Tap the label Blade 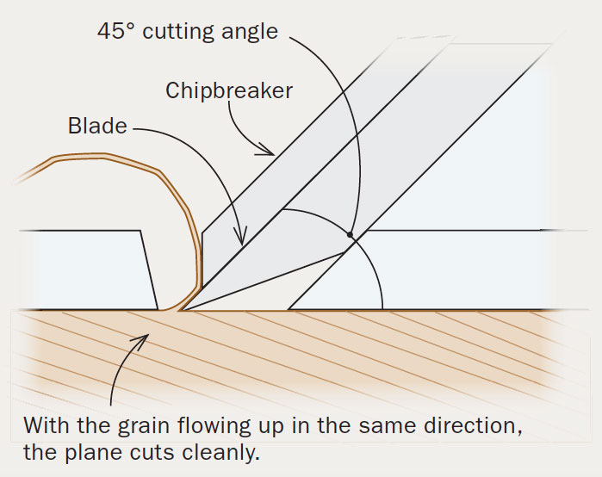[97, 127]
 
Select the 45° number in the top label [116, 32]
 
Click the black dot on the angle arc [350, 234]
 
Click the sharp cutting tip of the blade [178, 309]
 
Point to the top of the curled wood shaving [95, 157]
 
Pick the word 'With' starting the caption [44, 424]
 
